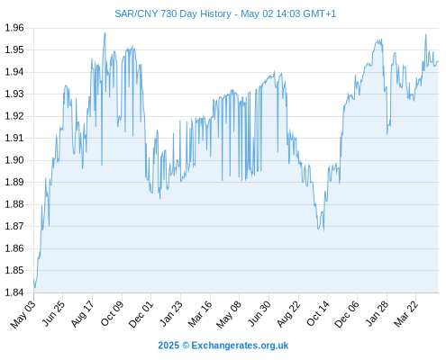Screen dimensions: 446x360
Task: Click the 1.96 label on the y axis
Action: pos(14,28)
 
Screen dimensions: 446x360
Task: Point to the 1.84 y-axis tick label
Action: pos(14,292)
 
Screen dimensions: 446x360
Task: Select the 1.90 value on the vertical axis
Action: pos(14,160)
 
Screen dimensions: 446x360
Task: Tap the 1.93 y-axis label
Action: pos(14,94)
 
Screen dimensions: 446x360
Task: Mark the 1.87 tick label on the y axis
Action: pos(14,226)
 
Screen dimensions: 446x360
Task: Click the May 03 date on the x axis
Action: pos(23,315)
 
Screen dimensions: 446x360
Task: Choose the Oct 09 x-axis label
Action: pos(112,314)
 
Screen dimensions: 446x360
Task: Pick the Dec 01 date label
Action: pos(141,314)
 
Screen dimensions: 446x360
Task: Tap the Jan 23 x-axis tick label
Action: pos(171,314)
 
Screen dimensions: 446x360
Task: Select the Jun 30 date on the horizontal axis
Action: pos(259,314)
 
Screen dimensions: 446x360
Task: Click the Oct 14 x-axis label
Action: pos(318,314)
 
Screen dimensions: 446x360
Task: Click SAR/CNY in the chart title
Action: pos(136,14)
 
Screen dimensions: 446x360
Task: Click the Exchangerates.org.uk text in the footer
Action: pos(240,346)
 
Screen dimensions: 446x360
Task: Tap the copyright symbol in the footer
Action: pos(186,346)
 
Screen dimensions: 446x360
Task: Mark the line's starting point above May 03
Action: pos(34,280)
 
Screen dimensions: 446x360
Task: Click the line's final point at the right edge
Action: pos(438,61)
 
